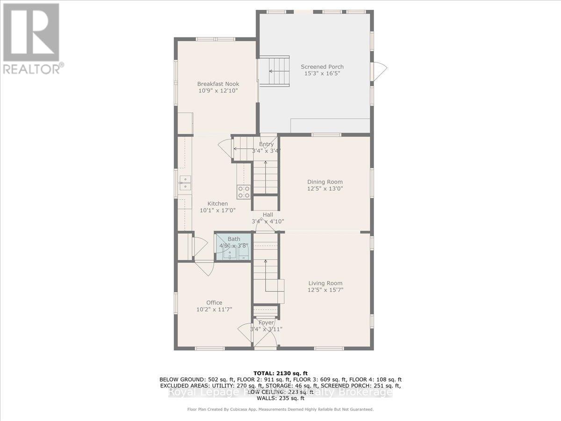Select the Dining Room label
325,182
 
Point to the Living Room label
325,283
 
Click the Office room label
215,303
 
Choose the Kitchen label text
217,203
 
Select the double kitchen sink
185,182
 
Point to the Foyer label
266,323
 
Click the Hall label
267,215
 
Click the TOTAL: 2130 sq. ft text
280,373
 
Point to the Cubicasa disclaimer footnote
280,409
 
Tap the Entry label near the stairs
266,145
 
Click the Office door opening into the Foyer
245,332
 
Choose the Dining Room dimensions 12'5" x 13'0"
325,189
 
